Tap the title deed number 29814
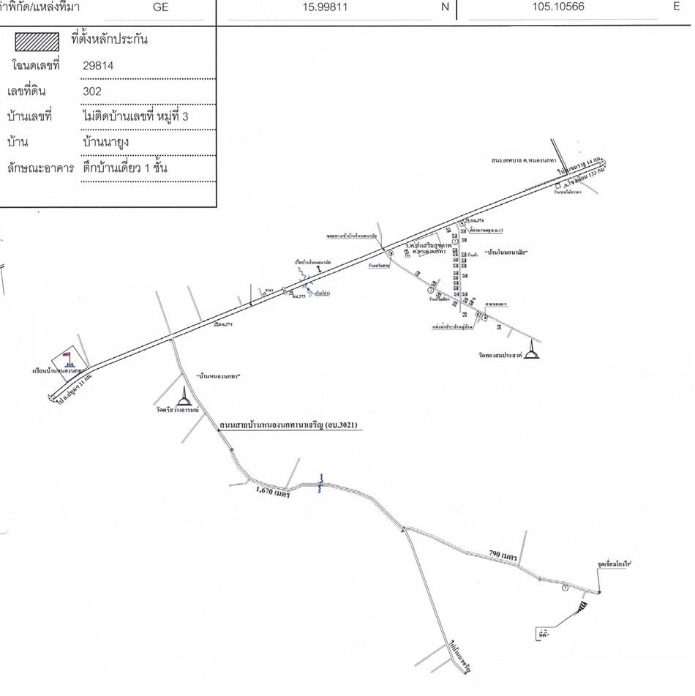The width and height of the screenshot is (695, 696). tap(99, 65)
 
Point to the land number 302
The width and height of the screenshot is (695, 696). tap(92, 91)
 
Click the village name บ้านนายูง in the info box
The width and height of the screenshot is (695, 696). tap(106, 142)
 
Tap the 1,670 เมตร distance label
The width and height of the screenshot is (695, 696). tap(274, 494)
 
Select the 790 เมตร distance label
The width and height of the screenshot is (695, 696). tap(503, 555)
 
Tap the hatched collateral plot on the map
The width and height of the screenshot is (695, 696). tap(583, 606)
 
